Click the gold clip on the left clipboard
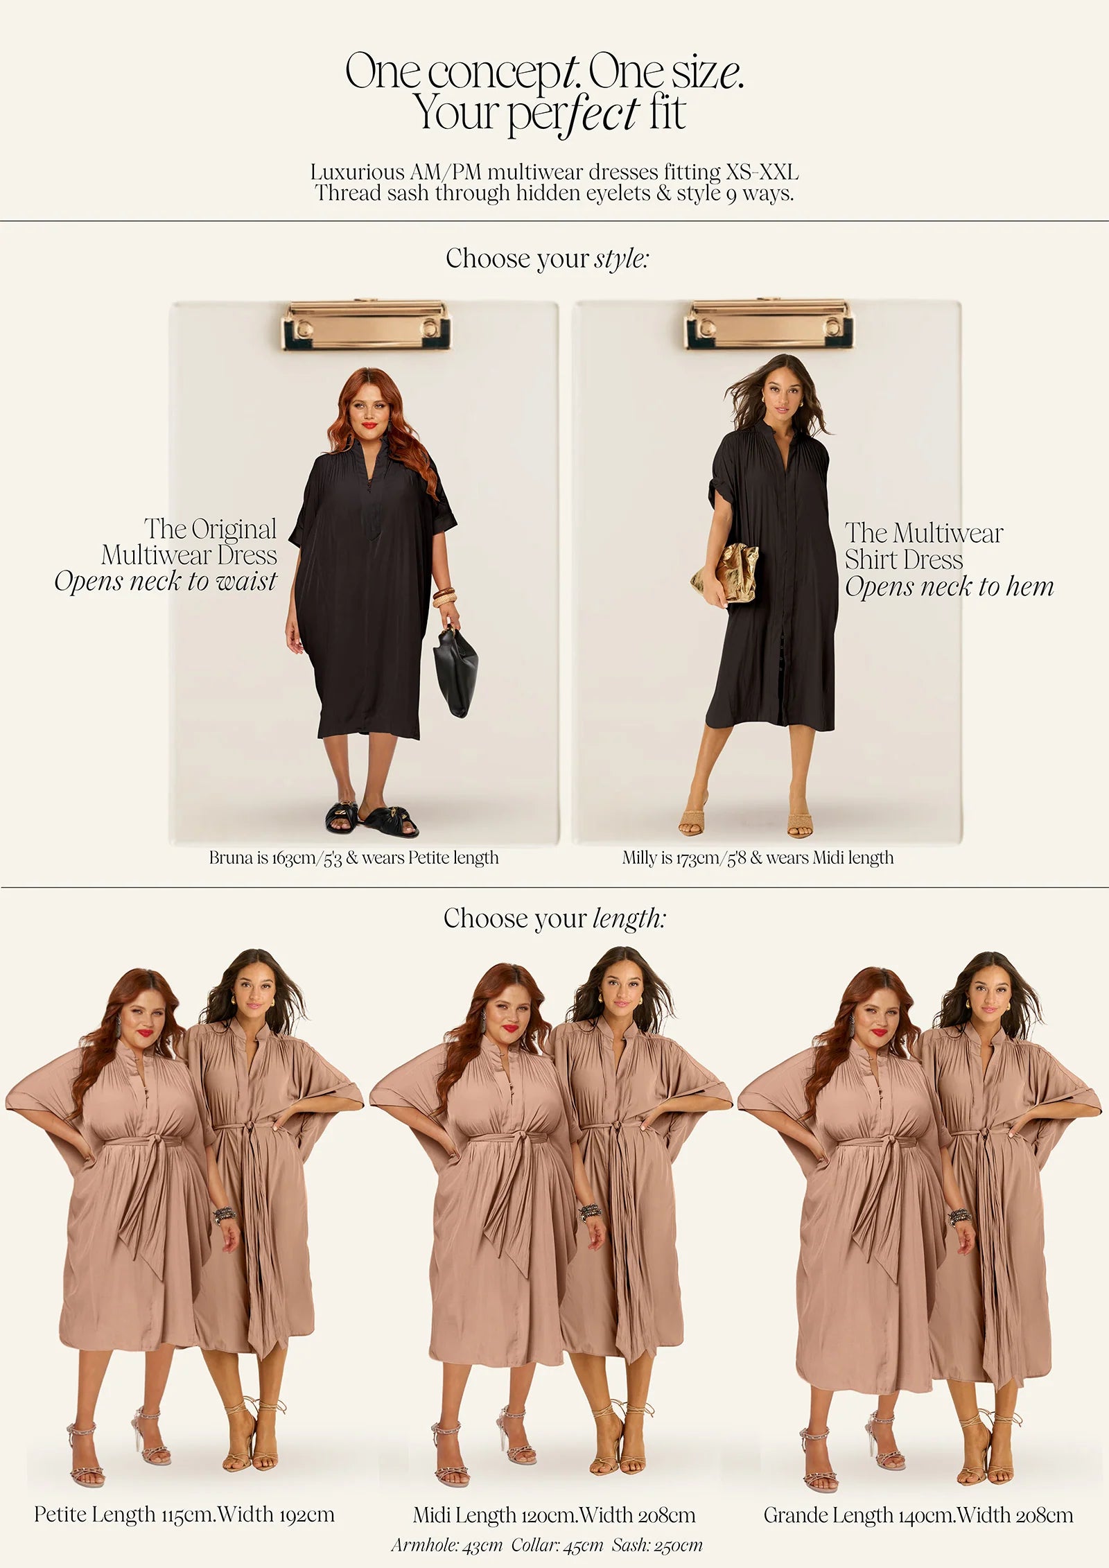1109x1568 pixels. pyautogui.click(x=366, y=326)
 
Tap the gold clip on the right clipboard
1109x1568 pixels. pyautogui.click(x=769, y=325)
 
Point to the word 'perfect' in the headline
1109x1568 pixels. pyautogui.click(x=573, y=114)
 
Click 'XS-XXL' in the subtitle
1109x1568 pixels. pyautogui.click(x=762, y=172)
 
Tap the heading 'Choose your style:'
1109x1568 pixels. pyautogui.click(x=548, y=259)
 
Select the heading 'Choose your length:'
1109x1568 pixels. pyautogui.click(x=554, y=918)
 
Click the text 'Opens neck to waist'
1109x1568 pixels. pyautogui.click(x=166, y=581)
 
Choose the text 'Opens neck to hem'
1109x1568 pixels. pyautogui.click(x=949, y=586)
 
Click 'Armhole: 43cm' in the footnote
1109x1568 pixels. pyautogui.click(x=446, y=1544)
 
